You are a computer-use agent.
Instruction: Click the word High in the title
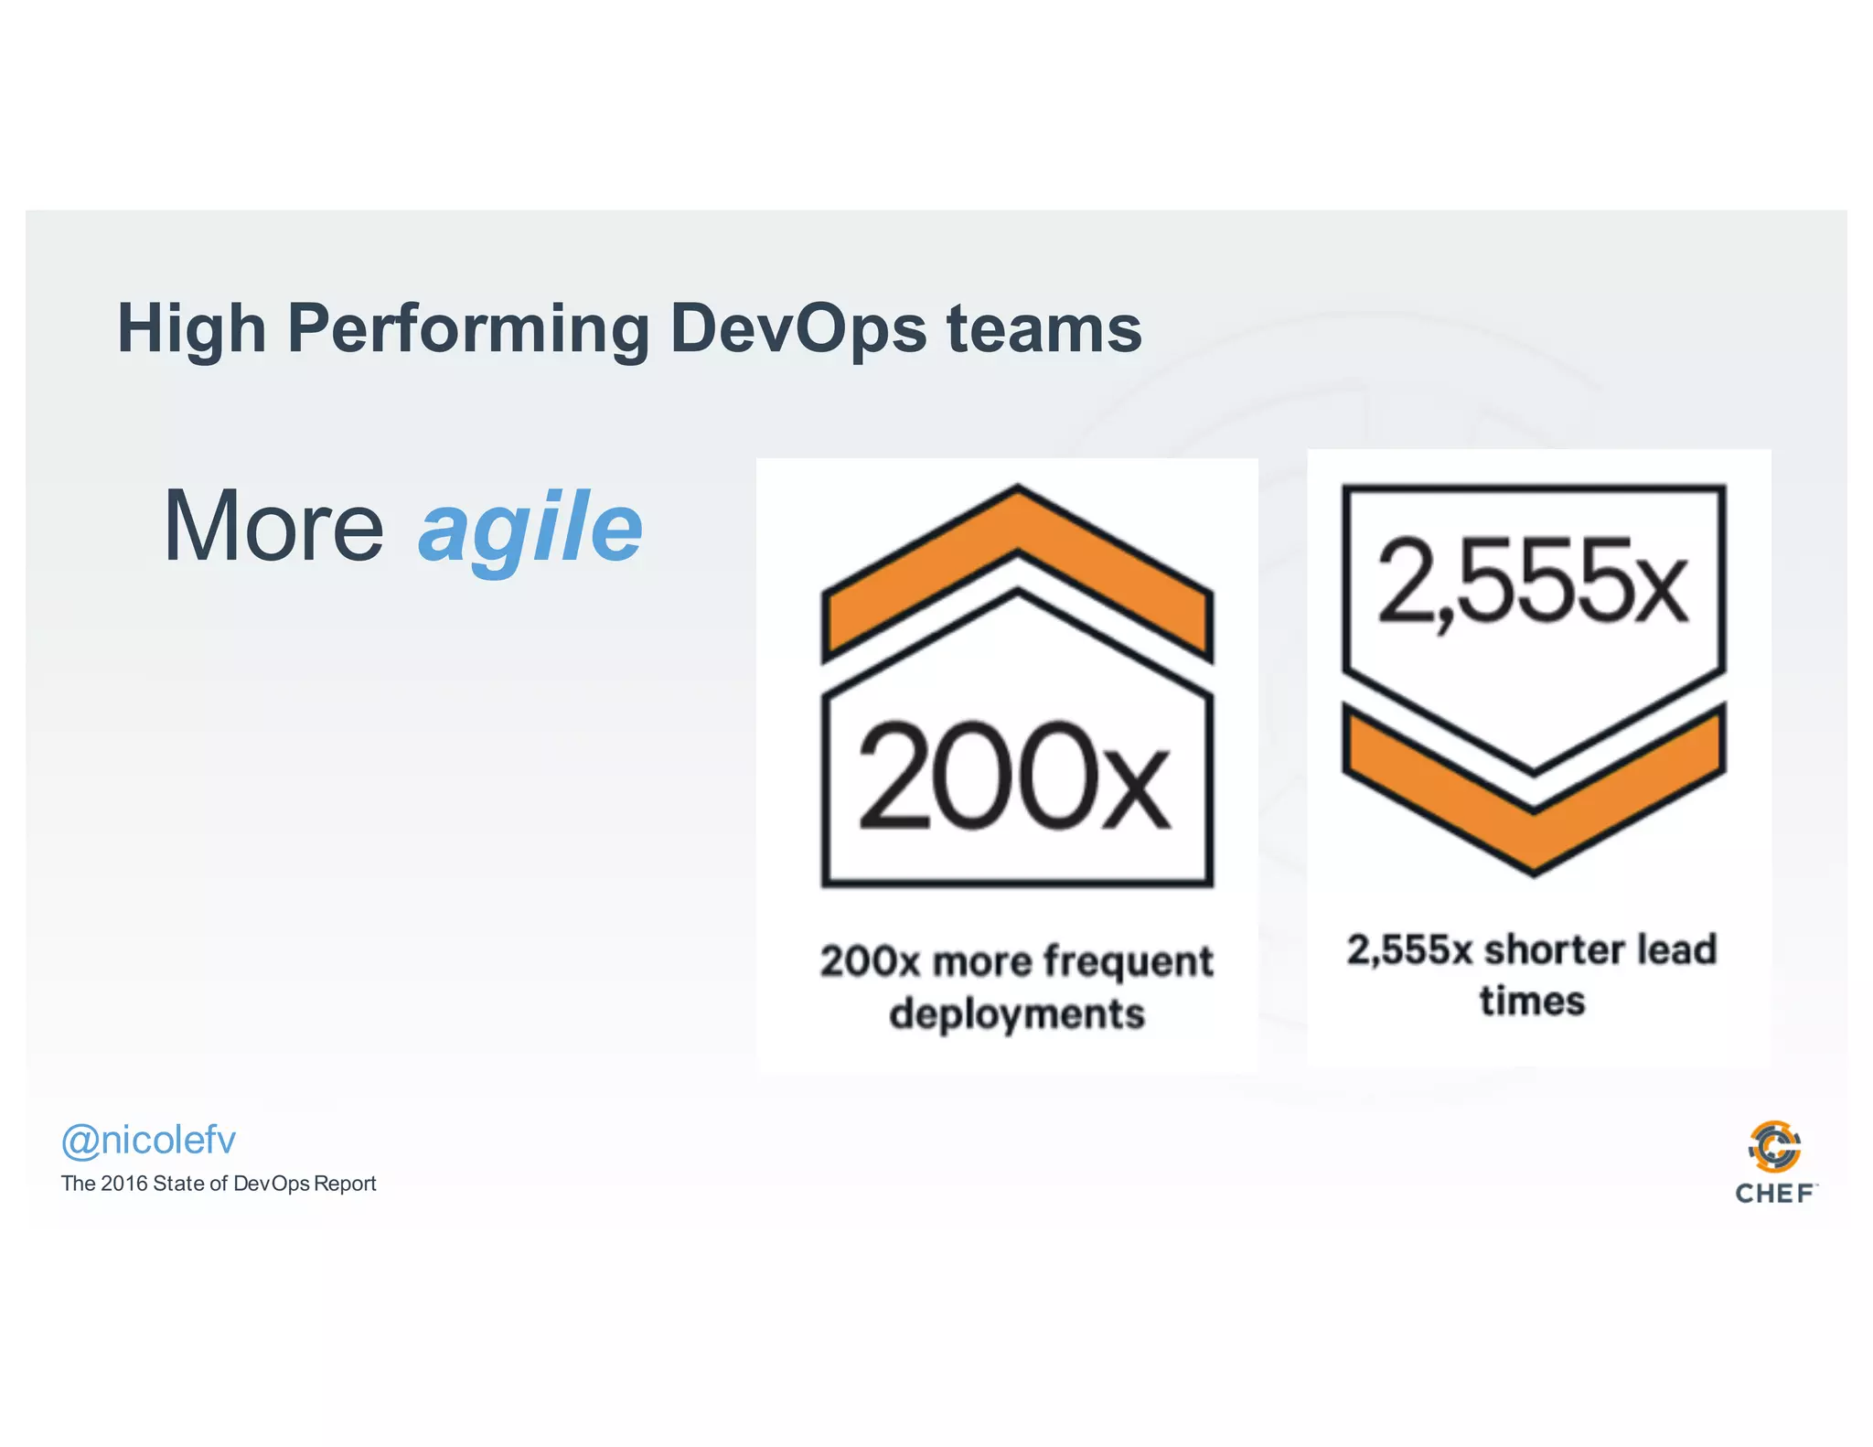191,329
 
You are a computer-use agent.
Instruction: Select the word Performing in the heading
467,329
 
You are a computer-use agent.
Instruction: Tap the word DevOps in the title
797,329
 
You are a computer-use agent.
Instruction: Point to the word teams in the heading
1044,329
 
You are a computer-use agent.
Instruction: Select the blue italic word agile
530,529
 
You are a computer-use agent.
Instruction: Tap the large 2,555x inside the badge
1532,582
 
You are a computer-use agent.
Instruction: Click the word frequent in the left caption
1128,961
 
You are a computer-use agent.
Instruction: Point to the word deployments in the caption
1016,1013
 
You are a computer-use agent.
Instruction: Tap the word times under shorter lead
1532,1001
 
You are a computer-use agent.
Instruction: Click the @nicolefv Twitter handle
148,1140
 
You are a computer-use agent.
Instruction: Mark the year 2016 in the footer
123,1184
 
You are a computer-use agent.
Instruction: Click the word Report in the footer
345,1184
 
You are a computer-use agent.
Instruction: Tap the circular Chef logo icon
1774,1146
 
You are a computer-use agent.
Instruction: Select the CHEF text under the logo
1774,1194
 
